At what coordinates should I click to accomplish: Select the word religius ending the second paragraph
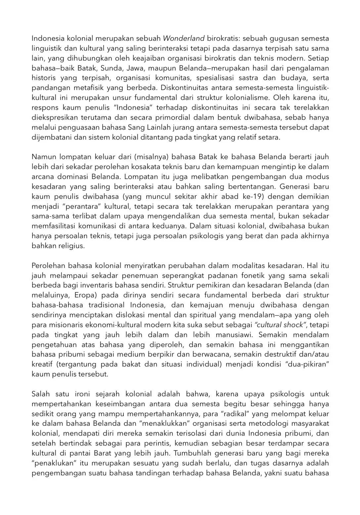click(72, 246)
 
